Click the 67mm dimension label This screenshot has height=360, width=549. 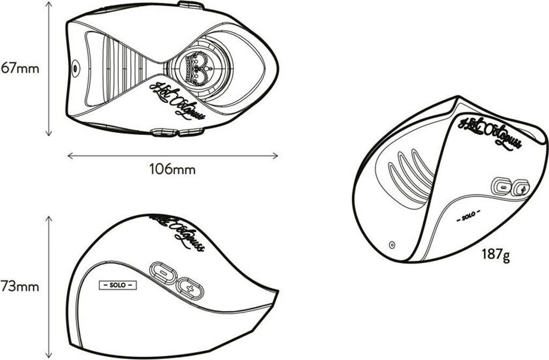[20, 69]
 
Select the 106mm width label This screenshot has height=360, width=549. [172, 170]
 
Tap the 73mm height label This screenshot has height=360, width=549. [20, 286]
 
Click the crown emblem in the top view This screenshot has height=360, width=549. [198, 67]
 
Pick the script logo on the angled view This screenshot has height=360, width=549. [487, 132]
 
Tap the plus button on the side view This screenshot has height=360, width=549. [190, 289]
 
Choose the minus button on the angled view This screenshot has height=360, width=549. [503, 187]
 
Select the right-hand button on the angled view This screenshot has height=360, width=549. [521, 188]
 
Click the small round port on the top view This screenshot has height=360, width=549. [75, 67]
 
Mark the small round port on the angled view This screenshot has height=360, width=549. [392, 245]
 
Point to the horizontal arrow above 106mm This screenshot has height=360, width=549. [172, 156]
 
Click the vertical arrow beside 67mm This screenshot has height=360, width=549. [49, 69]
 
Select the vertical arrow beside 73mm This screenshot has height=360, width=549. [49, 286]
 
